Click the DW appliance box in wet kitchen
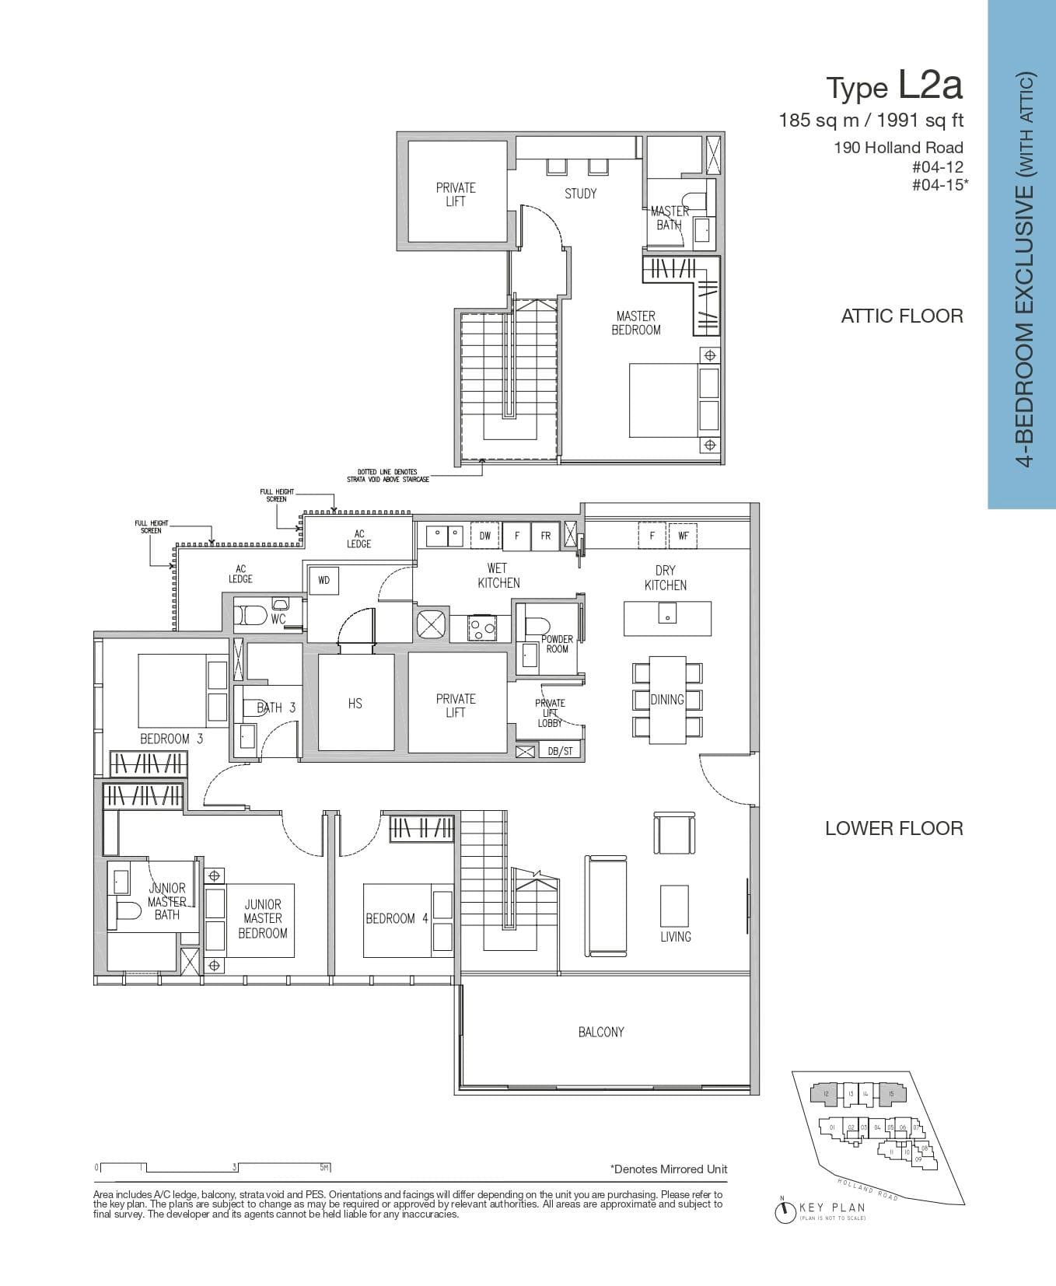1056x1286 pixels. click(x=484, y=536)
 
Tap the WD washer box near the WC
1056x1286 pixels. click(x=323, y=580)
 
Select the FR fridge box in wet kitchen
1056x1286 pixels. click(x=546, y=536)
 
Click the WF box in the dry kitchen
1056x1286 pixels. click(x=683, y=536)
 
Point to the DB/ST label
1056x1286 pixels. click(x=560, y=751)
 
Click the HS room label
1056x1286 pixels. click(x=355, y=703)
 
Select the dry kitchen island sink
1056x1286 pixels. click(x=666, y=617)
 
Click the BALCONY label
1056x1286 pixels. click(x=601, y=1032)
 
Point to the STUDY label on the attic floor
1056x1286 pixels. click(x=580, y=194)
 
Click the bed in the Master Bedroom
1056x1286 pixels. click(x=663, y=400)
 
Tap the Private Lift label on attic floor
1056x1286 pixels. click(x=456, y=194)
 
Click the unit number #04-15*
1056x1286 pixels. click(x=939, y=185)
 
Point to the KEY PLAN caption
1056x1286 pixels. click(x=832, y=1207)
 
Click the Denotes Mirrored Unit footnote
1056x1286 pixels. click(x=669, y=1169)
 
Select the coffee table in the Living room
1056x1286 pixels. click(x=674, y=905)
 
